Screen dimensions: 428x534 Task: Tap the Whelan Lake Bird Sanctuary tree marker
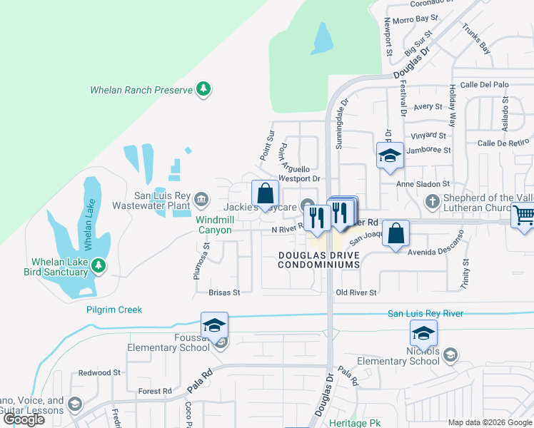[99, 266]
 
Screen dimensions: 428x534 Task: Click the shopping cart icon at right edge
[524, 215]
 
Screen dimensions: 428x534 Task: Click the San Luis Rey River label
[425, 314]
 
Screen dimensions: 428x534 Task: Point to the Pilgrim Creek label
[114, 310]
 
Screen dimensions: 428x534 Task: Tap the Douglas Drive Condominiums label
[318, 260]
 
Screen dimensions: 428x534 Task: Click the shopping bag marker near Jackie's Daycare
[265, 193]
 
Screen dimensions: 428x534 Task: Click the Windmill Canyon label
[214, 225]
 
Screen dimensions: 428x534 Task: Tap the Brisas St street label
[224, 292]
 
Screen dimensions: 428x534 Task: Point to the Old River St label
[356, 292]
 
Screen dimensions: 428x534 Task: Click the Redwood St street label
[99, 373]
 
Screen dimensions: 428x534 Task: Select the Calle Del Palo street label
[484, 85]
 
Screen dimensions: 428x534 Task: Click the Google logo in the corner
[24, 419]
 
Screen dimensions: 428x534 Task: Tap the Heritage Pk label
[355, 423]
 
